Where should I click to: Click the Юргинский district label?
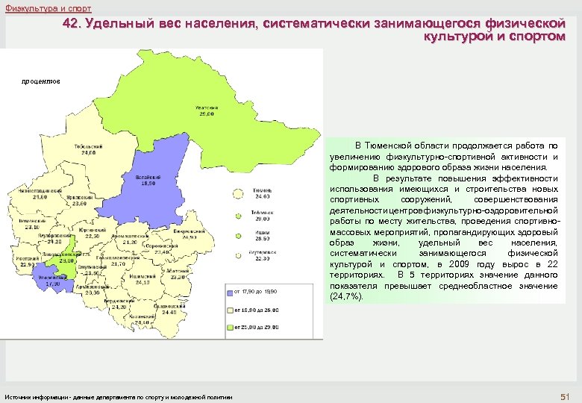[x=90, y=233]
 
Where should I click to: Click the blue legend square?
[x=229, y=291]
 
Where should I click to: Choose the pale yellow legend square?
[x=229, y=310]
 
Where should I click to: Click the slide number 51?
[x=564, y=395]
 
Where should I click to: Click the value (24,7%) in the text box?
[x=346, y=297]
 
